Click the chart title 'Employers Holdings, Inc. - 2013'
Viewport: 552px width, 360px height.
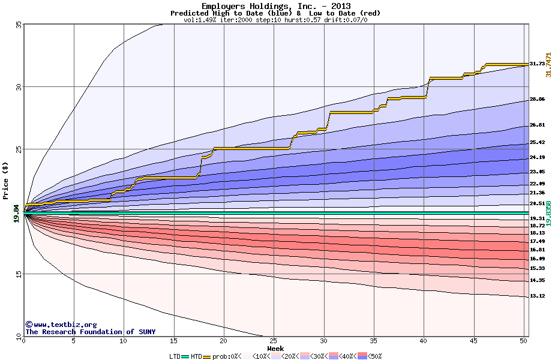275,6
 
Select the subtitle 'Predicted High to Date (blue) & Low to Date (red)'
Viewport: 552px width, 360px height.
275,13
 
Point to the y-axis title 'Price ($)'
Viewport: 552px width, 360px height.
6,180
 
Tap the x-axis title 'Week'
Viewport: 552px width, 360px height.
275,348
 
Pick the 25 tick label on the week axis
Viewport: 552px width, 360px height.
273,341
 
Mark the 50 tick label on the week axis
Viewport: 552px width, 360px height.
523,341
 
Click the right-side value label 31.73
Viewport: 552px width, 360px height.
537,64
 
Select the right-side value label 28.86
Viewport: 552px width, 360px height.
537,100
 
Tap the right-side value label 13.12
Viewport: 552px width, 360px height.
537,296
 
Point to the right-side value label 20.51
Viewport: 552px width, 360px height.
537,203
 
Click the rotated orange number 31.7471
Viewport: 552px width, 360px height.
548,64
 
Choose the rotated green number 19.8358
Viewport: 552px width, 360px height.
548,213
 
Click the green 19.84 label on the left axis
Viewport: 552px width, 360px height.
17,213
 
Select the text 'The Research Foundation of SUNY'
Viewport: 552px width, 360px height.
90,332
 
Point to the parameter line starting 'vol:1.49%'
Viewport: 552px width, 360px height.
275,19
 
